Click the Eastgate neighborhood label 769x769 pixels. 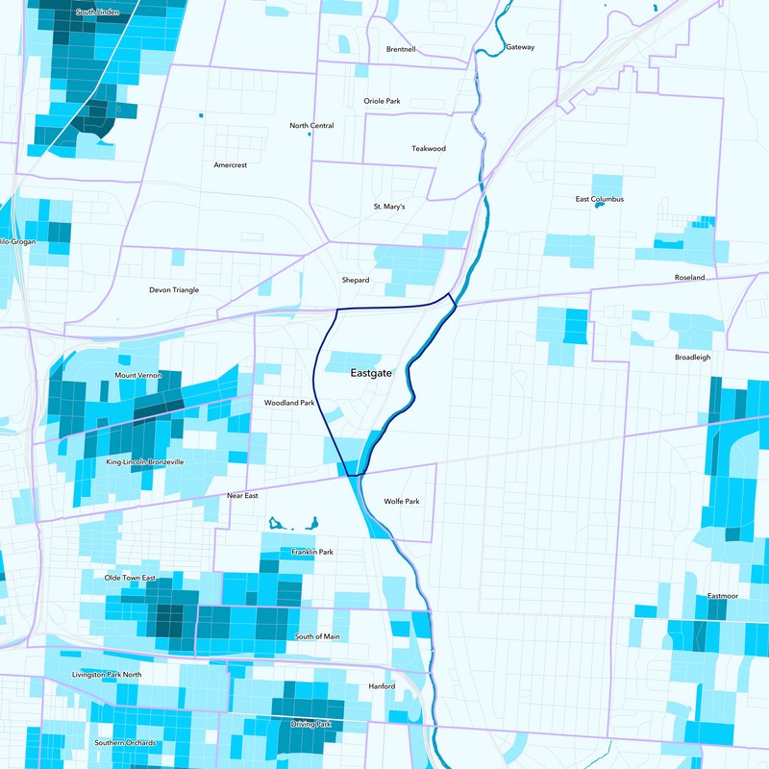click(x=371, y=373)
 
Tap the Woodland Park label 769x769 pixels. click(x=290, y=404)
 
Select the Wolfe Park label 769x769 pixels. click(x=402, y=502)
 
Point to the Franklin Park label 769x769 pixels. click(x=312, y=553)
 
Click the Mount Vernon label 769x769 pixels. click(x=138, y=376)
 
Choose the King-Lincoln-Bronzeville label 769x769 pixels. click(x=144, y=462)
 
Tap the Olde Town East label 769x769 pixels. click(x=130, y=578)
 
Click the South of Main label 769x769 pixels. click(x=317, y=637)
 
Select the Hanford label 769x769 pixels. click(x=383, y=687)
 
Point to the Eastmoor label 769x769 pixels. click(x=723, y=596)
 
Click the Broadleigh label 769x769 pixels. click(x=693, y=357)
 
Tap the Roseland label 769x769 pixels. click(x=689, y=278)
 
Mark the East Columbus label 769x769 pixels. click(x=600, y=199)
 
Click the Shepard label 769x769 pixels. click(x=356, y=281)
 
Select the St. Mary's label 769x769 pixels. click(x=389, y=207)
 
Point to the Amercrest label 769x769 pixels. click(x=231, y=165)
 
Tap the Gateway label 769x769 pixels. click(x=519, y=47)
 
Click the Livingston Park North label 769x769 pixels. click(x=107, y=675)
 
